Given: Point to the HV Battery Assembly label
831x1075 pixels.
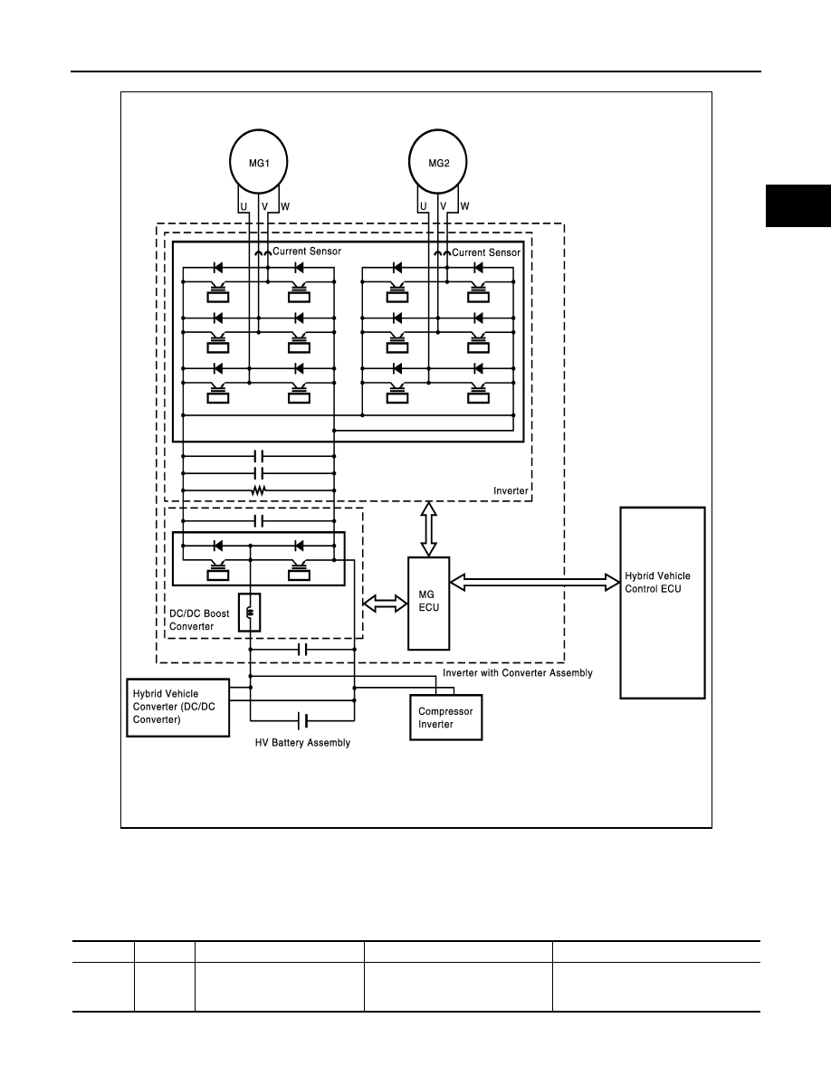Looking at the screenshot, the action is point(302,743).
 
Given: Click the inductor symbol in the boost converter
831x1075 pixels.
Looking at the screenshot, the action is point(250,612).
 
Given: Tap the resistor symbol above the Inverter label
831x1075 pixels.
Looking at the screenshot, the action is point(259,490).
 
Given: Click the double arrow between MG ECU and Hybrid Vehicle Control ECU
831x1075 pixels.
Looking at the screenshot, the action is point(535,582).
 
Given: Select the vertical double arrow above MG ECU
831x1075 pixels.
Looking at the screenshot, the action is point(428,528).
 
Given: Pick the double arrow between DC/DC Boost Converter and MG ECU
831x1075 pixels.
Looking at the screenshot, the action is point(385,604).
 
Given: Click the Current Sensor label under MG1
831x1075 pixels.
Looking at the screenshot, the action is point(307,251).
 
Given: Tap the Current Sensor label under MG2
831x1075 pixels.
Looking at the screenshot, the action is point(486,252).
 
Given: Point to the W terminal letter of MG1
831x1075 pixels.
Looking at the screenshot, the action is point(285,206).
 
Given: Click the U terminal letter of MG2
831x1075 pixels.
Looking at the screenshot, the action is point(423,206).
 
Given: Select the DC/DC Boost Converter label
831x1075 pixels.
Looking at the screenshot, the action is point(199,620).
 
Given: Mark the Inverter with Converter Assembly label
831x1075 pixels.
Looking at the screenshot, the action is point(518,672).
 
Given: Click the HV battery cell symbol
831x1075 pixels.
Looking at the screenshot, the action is point(302,720).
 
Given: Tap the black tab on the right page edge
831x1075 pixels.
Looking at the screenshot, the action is point(798,205).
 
